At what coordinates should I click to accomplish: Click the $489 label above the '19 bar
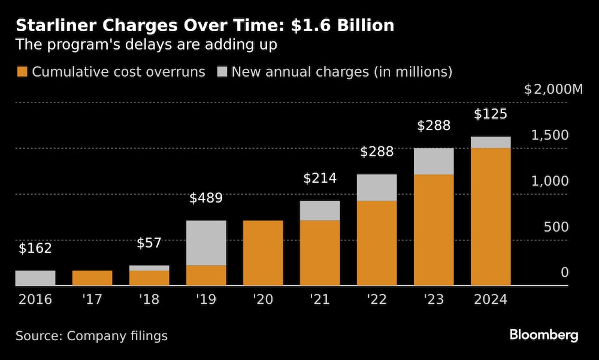point(206,198)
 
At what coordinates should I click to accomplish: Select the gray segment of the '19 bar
point(206,243)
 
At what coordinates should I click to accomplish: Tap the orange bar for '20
point(263,253)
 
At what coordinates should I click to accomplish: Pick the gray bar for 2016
point(35,278)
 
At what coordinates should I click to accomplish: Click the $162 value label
point(35,249)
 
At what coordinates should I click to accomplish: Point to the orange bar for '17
point(92,278)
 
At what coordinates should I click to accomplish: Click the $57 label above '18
point(149,243)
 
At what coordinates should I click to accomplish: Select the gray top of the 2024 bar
point(491,143)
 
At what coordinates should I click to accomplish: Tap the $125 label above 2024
point(491,114)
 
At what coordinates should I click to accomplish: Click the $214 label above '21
point(320,178)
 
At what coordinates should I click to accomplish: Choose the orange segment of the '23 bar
point(434,230)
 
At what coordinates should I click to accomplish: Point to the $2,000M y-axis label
point(553,90)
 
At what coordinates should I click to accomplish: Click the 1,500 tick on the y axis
point(549,135)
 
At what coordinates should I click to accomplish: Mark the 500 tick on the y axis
point(556,227)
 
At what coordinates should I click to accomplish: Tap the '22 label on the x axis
point(377,300)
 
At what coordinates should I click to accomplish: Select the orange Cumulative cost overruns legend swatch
point(22,72)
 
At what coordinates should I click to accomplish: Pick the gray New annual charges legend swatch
point(222,72)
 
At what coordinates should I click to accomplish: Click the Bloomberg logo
point(544,335)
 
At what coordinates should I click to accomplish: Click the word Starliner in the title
point(51,26)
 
